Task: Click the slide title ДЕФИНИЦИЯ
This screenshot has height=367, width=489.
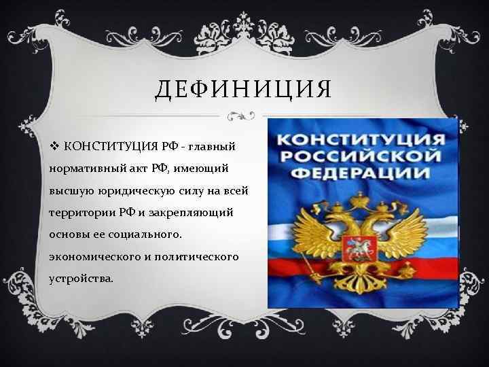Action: (x=244, y=88)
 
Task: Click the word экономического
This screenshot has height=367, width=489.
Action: (x=94, y=259)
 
